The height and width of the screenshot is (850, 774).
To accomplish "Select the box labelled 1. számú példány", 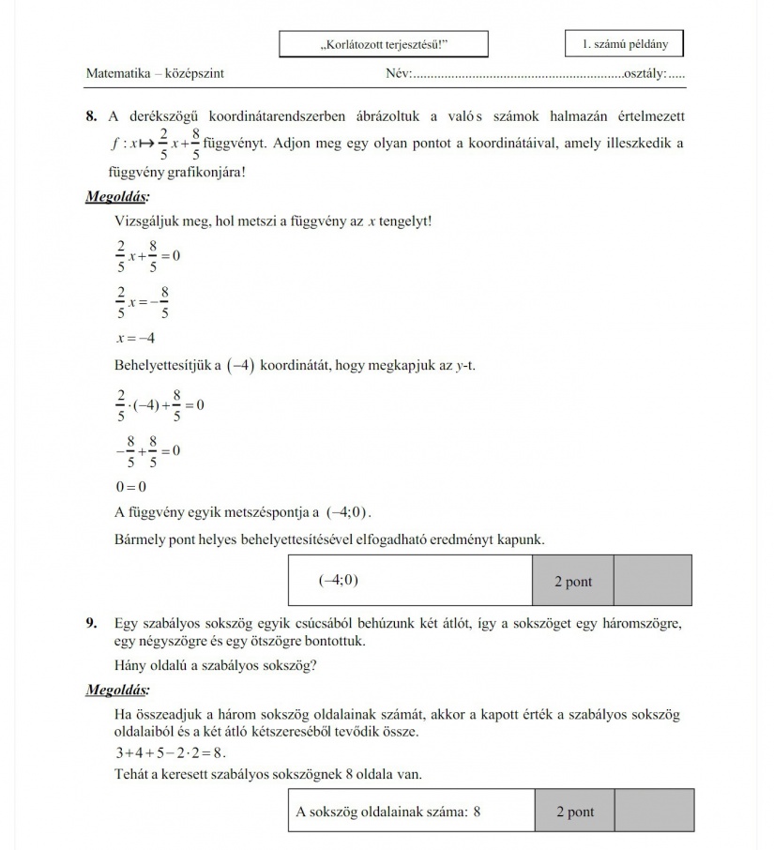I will [624, 43].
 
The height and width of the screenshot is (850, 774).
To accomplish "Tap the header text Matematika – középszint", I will [155, 73].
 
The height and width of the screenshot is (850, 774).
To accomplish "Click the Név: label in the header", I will [400, 73].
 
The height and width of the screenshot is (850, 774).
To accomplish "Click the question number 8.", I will [91, 116].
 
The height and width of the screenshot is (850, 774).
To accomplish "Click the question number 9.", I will [91, 623].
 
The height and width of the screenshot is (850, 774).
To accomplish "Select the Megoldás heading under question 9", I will [117, 691].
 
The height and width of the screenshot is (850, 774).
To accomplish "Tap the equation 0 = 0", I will [130, 486].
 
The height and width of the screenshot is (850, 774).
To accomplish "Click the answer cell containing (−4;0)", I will [410, 580].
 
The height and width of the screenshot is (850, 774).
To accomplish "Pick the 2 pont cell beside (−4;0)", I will [573, 581].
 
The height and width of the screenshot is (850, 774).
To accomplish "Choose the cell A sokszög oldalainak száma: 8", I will [411, 812].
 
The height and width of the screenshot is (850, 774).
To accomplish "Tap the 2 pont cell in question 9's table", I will [575, 812].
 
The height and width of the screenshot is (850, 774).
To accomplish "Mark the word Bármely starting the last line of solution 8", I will [138, 539].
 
